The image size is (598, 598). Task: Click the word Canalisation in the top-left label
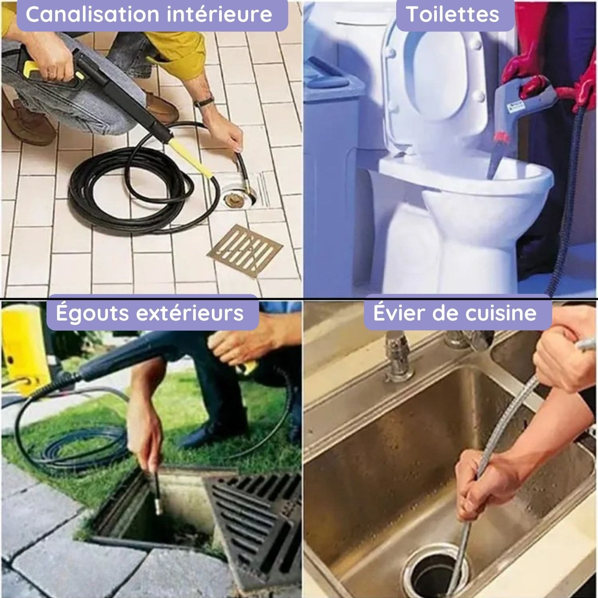pyautogui.click(x=91, y=14)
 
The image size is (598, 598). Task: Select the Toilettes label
pyautogui.click(x=453, y=14)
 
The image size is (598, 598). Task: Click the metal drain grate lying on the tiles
pyautogui.click(x=245, y=251)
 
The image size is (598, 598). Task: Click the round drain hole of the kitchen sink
pyautogui.click(x=437, y=572)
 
